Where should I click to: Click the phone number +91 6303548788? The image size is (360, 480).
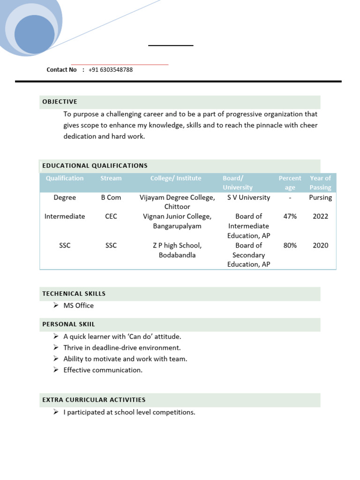point(110,70)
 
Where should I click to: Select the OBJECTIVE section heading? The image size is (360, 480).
point(60,102)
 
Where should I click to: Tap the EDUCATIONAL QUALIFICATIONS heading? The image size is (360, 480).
point(95,165)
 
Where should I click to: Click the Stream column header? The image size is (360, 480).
point(111,178)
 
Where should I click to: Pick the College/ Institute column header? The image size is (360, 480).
point(176,178)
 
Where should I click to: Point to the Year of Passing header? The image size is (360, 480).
point(320,183)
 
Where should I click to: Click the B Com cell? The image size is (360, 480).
point(111,197)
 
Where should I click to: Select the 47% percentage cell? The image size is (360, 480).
point(290,217)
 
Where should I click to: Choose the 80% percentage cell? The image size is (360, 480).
point(290,245)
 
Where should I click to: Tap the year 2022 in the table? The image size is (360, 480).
point(321,217)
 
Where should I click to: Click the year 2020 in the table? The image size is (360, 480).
point(321,245)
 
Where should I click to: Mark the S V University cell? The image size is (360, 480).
point(248,197)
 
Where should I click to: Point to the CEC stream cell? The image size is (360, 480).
point(111,217)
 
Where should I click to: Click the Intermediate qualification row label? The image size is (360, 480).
point(65,217)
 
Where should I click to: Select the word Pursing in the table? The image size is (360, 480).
point(321,197)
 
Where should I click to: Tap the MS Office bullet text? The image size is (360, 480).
point(78,306)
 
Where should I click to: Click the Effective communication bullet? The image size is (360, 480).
point(103,370)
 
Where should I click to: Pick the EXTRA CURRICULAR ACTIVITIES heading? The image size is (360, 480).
point(94,400)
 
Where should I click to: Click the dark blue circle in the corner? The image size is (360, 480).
point(34,34)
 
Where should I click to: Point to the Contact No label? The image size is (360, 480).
point(61,70)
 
